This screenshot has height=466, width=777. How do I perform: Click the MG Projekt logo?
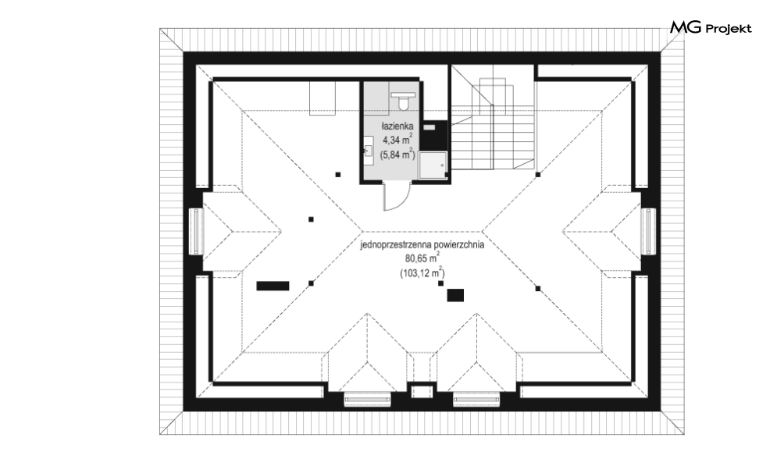coord(711,28)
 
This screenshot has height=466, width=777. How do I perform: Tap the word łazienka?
coord(397,126)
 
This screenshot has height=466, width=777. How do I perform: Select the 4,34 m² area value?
coord(397,140)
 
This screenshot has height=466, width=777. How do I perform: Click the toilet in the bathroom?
coord(404,100)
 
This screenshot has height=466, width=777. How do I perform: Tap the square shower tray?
coord(433,165)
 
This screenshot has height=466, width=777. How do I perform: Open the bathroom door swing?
coord(397,197)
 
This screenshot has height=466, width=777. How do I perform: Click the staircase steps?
coord(496,124)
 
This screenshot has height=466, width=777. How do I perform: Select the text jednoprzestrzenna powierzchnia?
coord(422,244)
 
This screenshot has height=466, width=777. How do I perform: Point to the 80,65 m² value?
coord(422,258)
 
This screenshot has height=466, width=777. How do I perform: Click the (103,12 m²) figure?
coord(422,272)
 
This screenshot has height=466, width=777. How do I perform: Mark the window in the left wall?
coord(197,231)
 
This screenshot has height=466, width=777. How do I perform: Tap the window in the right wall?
coord(649,231)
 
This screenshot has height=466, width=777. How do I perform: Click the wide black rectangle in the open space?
coord(273,286)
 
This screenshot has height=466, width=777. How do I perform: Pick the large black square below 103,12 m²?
coord(455,295)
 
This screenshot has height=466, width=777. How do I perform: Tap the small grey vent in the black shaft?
coord(429,127)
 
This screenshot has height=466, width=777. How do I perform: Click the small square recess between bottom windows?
coord(422,391)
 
